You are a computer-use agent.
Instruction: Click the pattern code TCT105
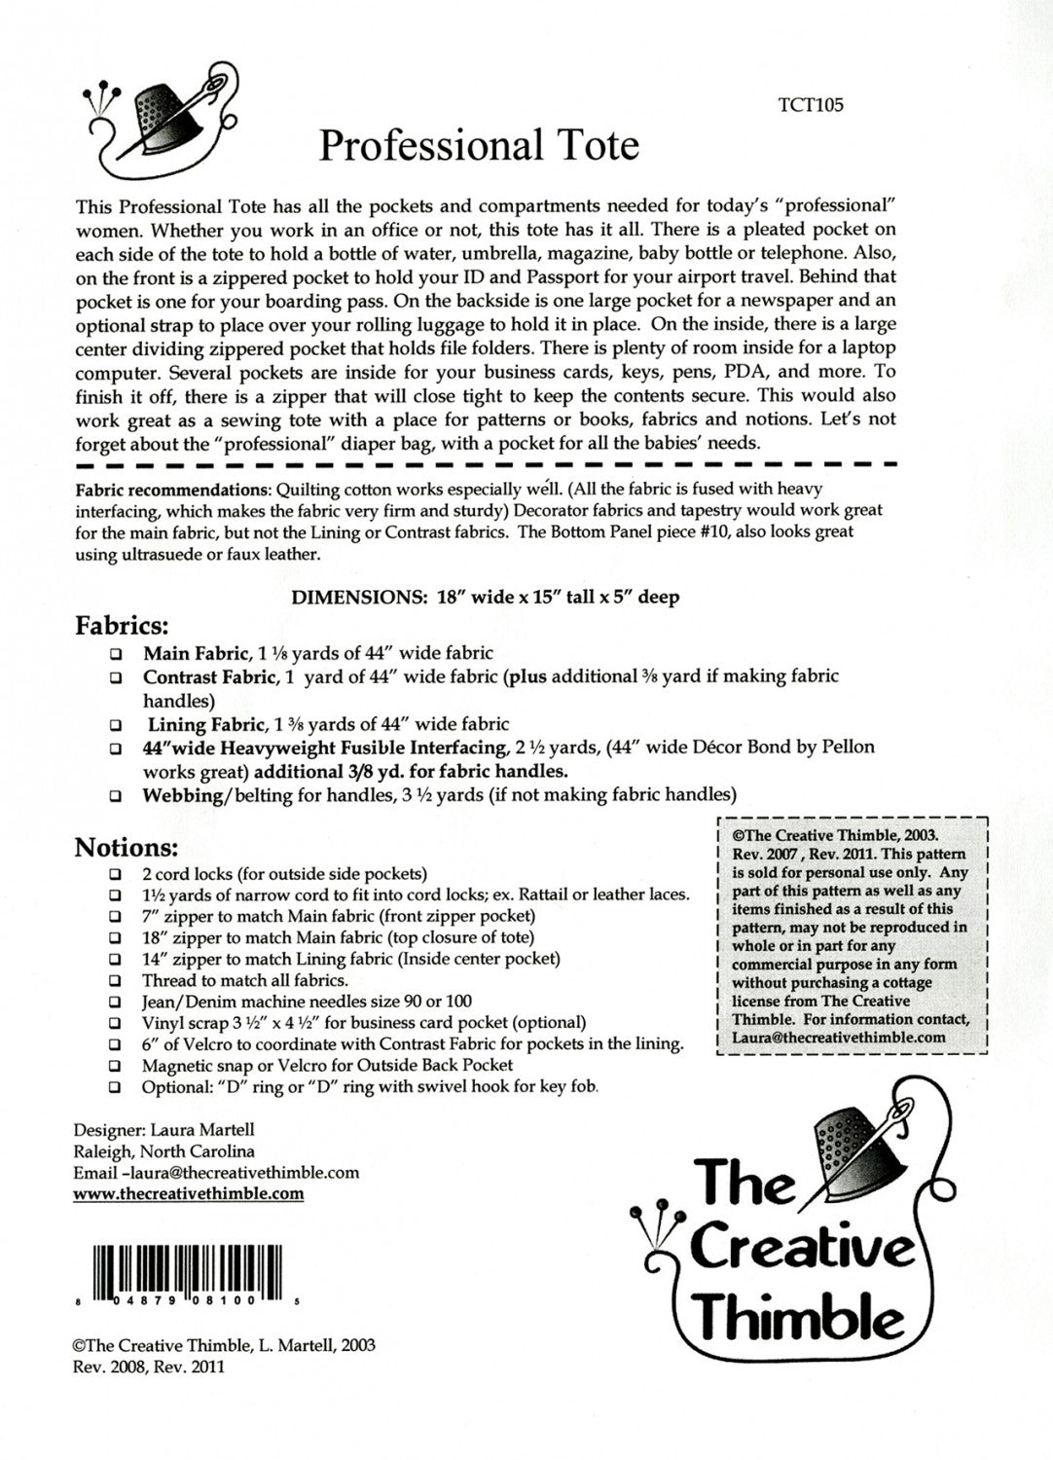tap(811, 105)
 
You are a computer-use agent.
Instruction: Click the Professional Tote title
tap(479, 146)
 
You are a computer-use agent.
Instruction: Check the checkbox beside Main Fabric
tap(116, 655)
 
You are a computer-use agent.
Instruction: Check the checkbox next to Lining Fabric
tap(116, 725)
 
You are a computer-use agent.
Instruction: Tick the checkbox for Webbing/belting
tap(116, 795)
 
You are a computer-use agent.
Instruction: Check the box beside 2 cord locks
tap(116, 874)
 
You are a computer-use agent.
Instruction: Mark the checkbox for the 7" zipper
tap(116, 917)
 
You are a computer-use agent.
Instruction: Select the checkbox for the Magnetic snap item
tap(116, 1067)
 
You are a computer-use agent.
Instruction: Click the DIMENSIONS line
tap(485, 598)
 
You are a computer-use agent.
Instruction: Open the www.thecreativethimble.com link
tap(189, 1194)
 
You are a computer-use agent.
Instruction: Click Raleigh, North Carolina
tap(164, 1151)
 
